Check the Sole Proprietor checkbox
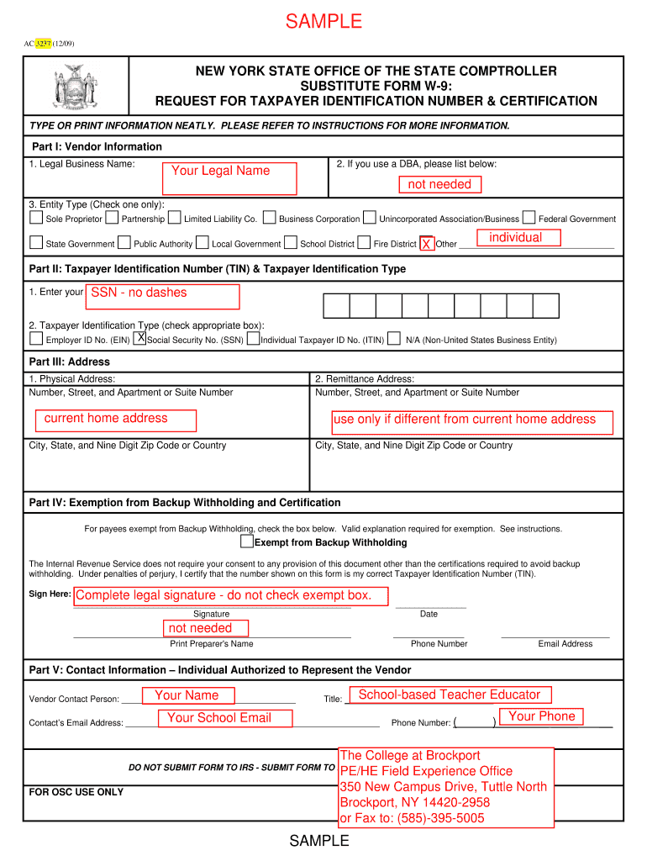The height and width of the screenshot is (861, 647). click(x=36, y=218)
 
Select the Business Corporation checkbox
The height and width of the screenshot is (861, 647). click(x=269, y=218)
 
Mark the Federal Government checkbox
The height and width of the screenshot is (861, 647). click(x=529, y=218)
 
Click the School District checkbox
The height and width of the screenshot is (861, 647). click(x=291, y=243)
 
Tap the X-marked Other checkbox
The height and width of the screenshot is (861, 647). click(x=427, y=243)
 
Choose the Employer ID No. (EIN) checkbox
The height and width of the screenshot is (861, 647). click(x=36, y=339)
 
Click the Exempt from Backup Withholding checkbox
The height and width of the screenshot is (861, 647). click(x=247, y=541)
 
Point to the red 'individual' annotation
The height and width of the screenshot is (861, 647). click(x=518, y=238)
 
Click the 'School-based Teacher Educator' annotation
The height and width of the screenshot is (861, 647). click(x=449, y=695)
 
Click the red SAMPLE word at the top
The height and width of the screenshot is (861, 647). click(x=323, y=22)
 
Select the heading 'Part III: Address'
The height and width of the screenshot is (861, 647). click(x=70, y=362)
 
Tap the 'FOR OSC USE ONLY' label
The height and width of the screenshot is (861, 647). click(x=76, y=792)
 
